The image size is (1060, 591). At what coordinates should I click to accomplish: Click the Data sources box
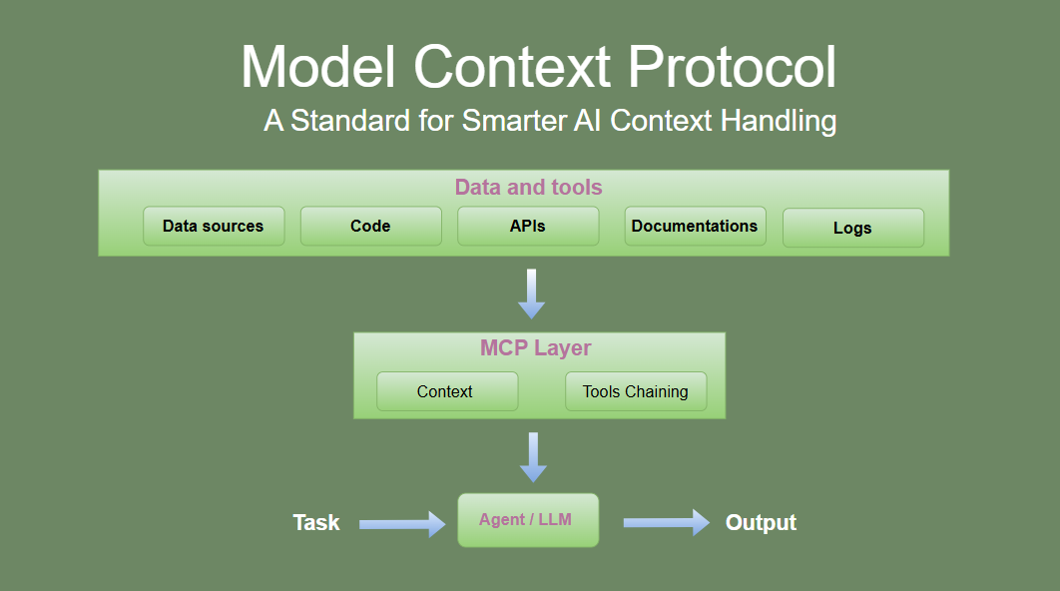[x=214, y=227]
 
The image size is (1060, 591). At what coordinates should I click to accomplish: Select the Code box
[x=370, y=227]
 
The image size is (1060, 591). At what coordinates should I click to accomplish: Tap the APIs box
[x=528, y=227]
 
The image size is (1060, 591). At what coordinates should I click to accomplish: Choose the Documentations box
[x=695, y=227]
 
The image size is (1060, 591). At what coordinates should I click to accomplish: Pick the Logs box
[x=852, y=229]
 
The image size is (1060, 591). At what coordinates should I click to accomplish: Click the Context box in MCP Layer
[x=446, y=391]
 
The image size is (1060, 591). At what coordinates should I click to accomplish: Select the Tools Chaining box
[x=636, y=391]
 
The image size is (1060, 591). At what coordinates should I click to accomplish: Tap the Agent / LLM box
[x=527, y=520]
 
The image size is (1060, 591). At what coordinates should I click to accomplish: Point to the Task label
[x=316, y=523]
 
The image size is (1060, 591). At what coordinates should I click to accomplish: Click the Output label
[x=761, y=523]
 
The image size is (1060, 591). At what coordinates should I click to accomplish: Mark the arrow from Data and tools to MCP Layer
[x=532, y=294]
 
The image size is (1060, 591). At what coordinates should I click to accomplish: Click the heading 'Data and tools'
[x=528, y=188]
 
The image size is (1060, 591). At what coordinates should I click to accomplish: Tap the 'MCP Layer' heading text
[x=536, y=348]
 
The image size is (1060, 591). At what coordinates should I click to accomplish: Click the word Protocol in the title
[x=733, y=68]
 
